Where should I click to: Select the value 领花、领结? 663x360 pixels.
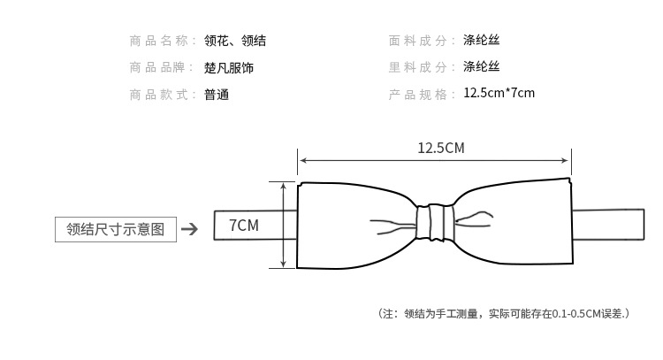pyautogui.click(x=235, y=41)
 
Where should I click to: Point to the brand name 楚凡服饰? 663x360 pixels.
pyautogui.click(x=229, y=68)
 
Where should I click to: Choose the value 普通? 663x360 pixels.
pyautogui.click(x=217, y=95)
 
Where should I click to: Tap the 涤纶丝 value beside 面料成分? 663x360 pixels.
pyautogui.click(x=482, y=41)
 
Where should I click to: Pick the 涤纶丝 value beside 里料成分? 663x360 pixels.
pyautogui.click(x=482, y=68)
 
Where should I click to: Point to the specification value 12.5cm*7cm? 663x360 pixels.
pyautogui.click(x=499, y=94)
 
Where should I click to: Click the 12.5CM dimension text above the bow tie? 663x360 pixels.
pyautogui.click(x=440, y=148)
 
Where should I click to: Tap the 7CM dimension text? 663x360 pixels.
pyautogui.click(x=243, y=226)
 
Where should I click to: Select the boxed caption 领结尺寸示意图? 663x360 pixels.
pyautogui.click(x=116, y=229)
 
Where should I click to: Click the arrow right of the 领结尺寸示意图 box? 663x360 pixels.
pyautogui.click(x=189, y=230)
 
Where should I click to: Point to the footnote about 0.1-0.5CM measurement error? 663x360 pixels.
pyautogui.click(x=503, y=313)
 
